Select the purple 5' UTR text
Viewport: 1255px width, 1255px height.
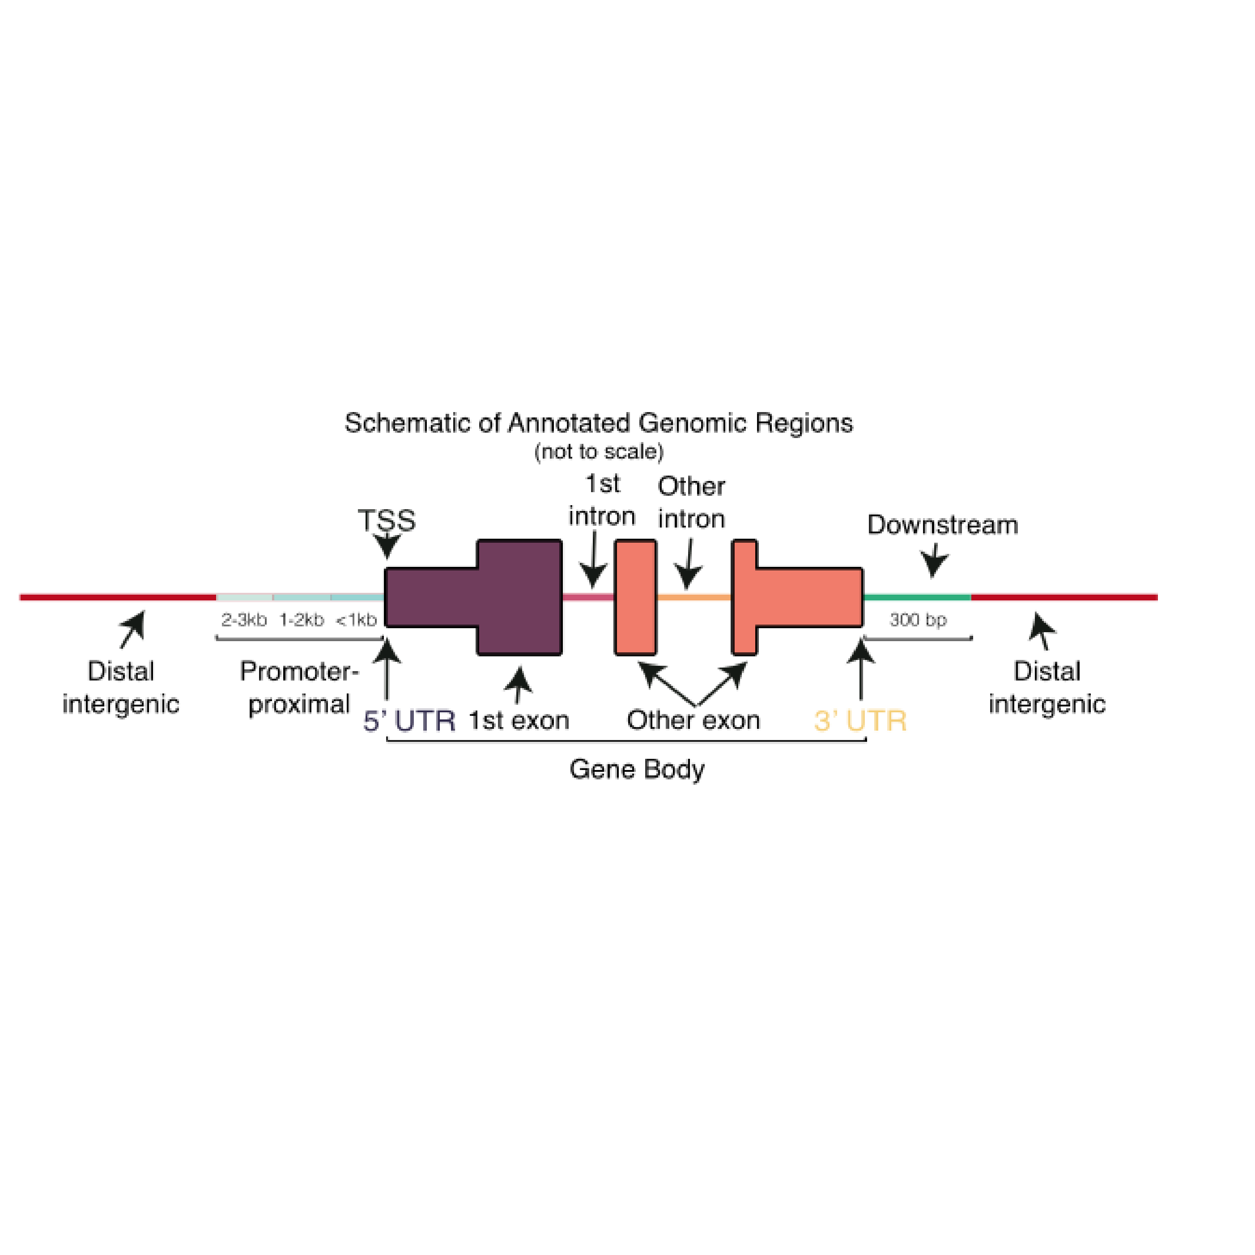point(409,721)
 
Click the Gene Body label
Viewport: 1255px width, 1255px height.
point(637,769)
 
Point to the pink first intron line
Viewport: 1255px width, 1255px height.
point(588,597)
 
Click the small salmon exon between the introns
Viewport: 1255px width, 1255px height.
point(635,597)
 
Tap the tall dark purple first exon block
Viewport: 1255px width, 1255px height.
point(519,597)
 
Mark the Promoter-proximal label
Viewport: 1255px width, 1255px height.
point(299,687)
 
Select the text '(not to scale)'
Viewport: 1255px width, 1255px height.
point(598,451)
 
